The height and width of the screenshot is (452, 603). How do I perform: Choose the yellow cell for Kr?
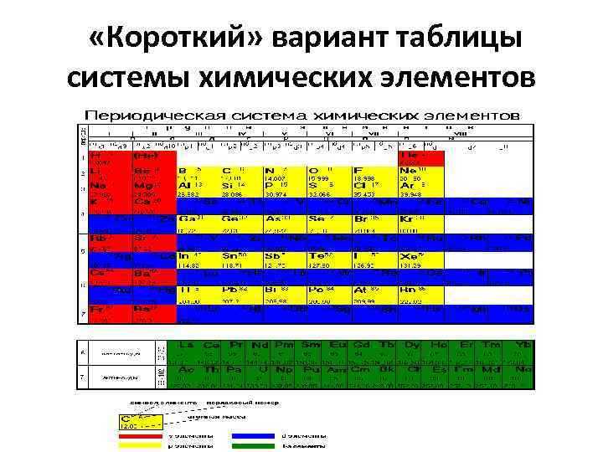coord(424,223)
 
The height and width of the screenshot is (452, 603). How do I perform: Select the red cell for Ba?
coord(154,277)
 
